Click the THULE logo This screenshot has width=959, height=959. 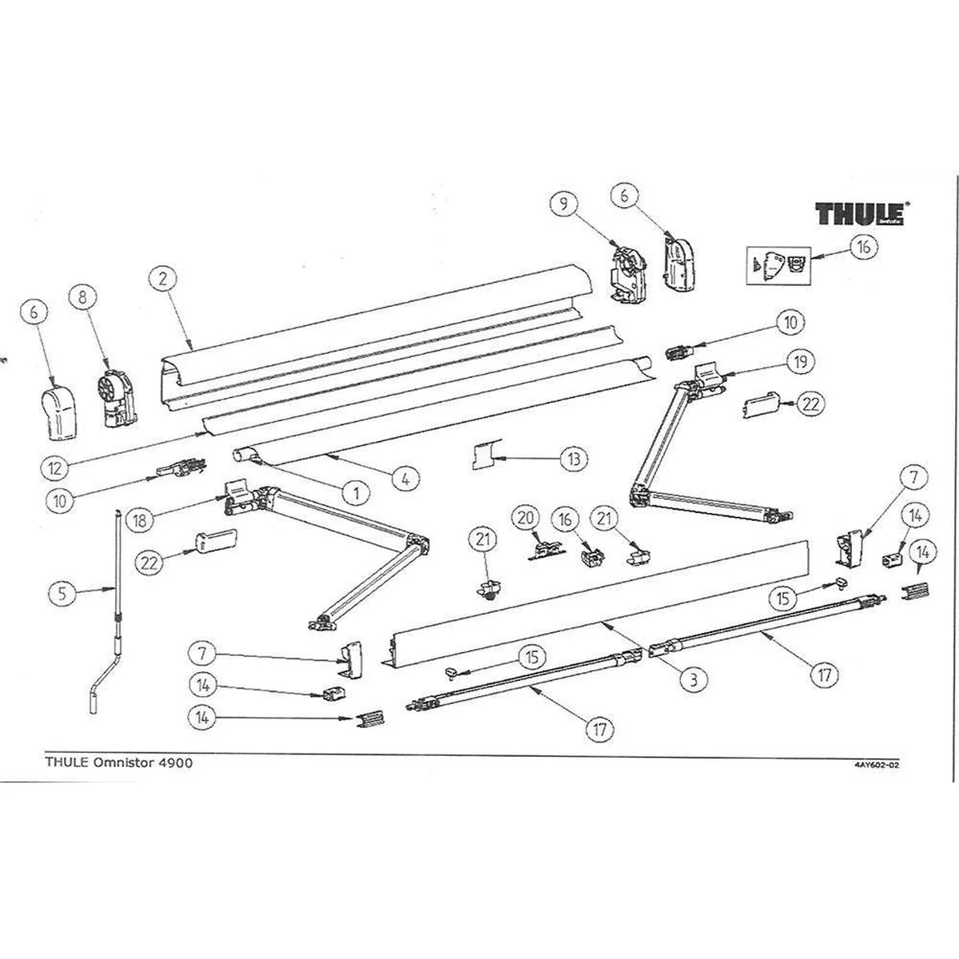(x=859, y=214)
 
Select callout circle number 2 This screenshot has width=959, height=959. (x=162, y=279)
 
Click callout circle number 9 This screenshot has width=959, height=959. (x=565, y=205)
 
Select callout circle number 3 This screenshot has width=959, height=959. (x=694, y=679)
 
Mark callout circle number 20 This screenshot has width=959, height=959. (x=525, y=518)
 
